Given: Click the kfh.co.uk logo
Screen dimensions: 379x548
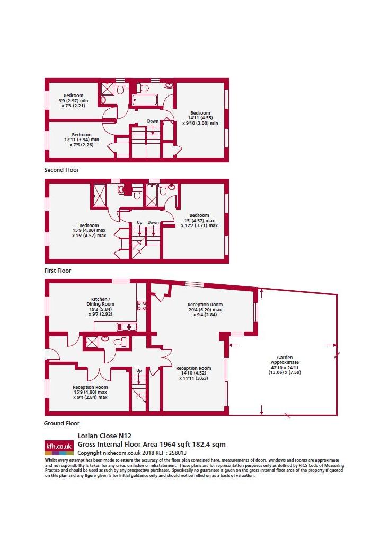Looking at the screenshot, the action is [x=59, y=447].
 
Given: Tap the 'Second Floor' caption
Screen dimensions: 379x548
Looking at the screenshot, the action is [x=61, y=170].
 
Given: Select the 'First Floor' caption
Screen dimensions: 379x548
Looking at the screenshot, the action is [x=58, y=271].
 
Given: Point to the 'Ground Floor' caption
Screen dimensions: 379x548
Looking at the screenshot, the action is [x=61, y=423].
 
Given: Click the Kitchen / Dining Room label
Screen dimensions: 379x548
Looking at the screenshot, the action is [x=100, y=307].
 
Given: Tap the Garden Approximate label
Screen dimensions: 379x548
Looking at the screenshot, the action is [x=285, y=365].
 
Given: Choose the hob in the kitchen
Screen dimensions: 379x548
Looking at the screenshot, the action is [x=142, y=306].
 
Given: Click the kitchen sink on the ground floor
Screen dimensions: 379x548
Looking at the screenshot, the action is [x=127, y=327].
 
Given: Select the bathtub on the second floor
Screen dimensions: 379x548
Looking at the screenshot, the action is [x=145, y=99].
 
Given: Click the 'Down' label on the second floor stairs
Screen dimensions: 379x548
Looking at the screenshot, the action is [x=153, y=121].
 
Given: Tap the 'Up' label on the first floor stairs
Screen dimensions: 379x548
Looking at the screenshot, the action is [x=139, y=222].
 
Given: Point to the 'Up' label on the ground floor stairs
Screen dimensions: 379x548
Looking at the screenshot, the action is [x=139, y=370].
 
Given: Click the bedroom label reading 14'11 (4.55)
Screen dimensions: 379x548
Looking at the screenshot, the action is [x=200, y=118].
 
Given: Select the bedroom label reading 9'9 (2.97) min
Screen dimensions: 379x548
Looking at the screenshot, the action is [x=73, y=100].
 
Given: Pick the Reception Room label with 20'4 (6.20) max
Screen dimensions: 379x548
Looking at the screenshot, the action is [x=205, y=309].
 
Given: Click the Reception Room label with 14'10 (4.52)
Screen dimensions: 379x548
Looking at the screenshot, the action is [x=193, y=373].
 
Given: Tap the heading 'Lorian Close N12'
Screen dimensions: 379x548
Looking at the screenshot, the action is [x=104, y=436].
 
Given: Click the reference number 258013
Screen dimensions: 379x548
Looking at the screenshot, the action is [x=178, y=453].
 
